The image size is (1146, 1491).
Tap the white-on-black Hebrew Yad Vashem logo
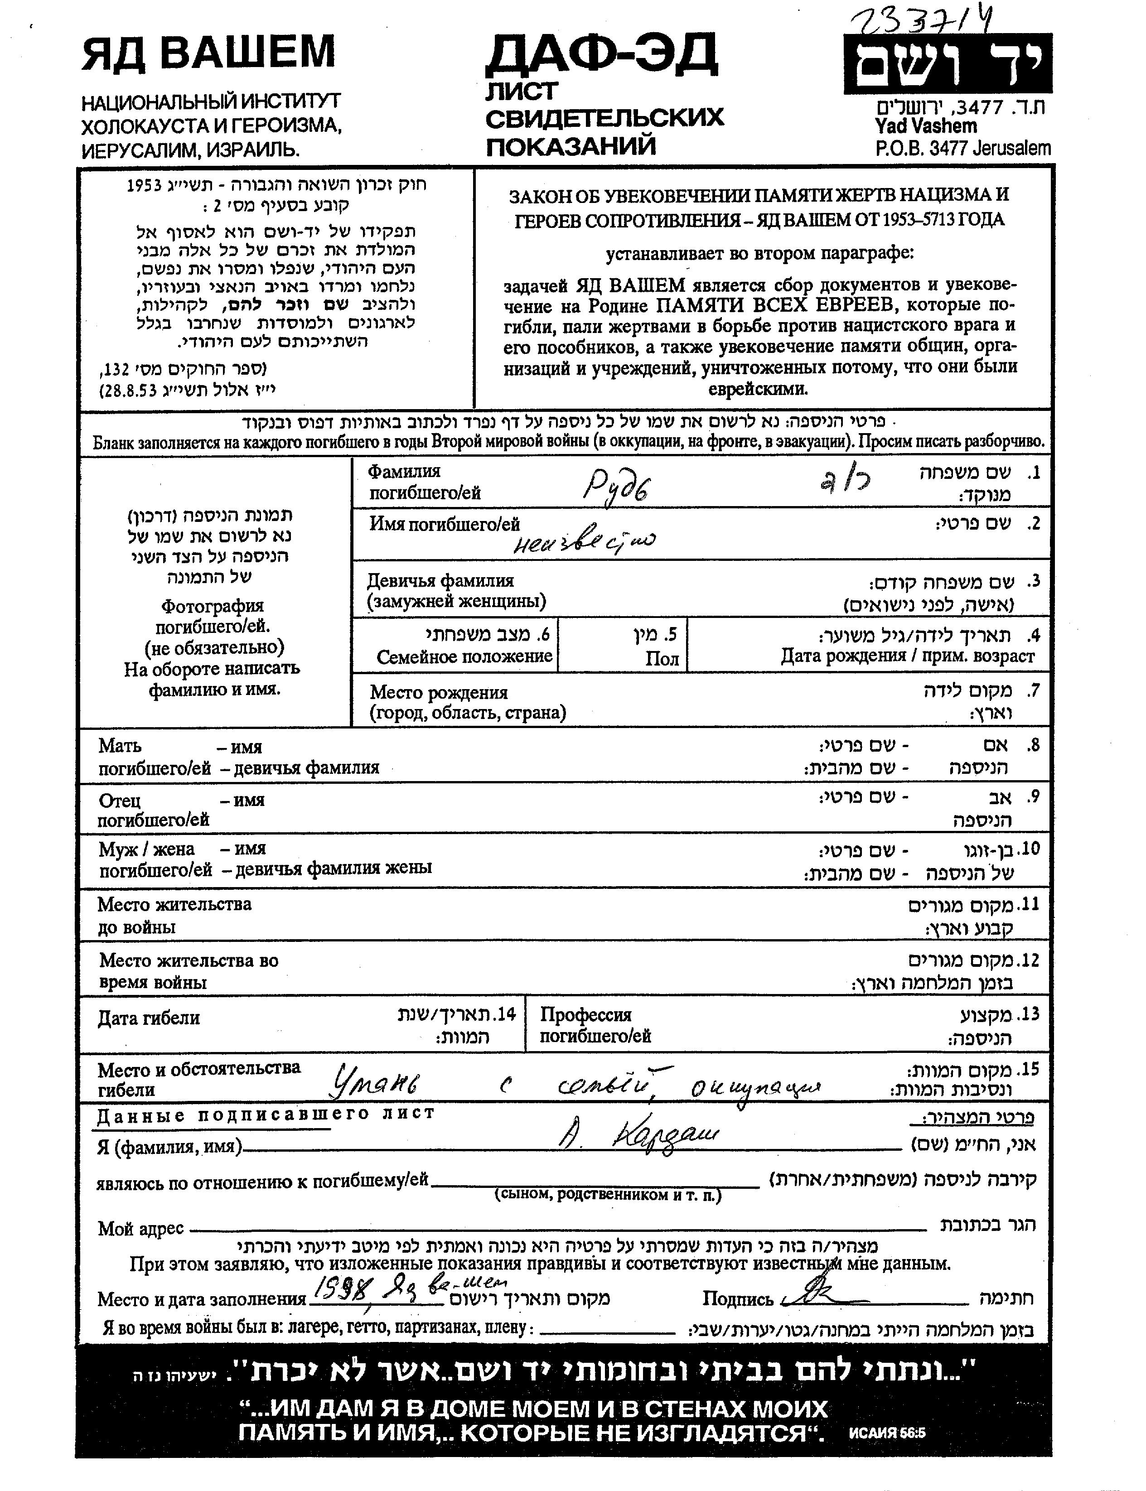pos(948,64)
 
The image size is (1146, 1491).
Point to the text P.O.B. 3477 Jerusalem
pos(963,148)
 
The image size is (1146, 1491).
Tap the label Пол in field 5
pos(662,658)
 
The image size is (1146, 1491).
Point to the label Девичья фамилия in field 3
pos(440,581)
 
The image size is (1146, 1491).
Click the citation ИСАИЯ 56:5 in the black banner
pos(887,1433)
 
